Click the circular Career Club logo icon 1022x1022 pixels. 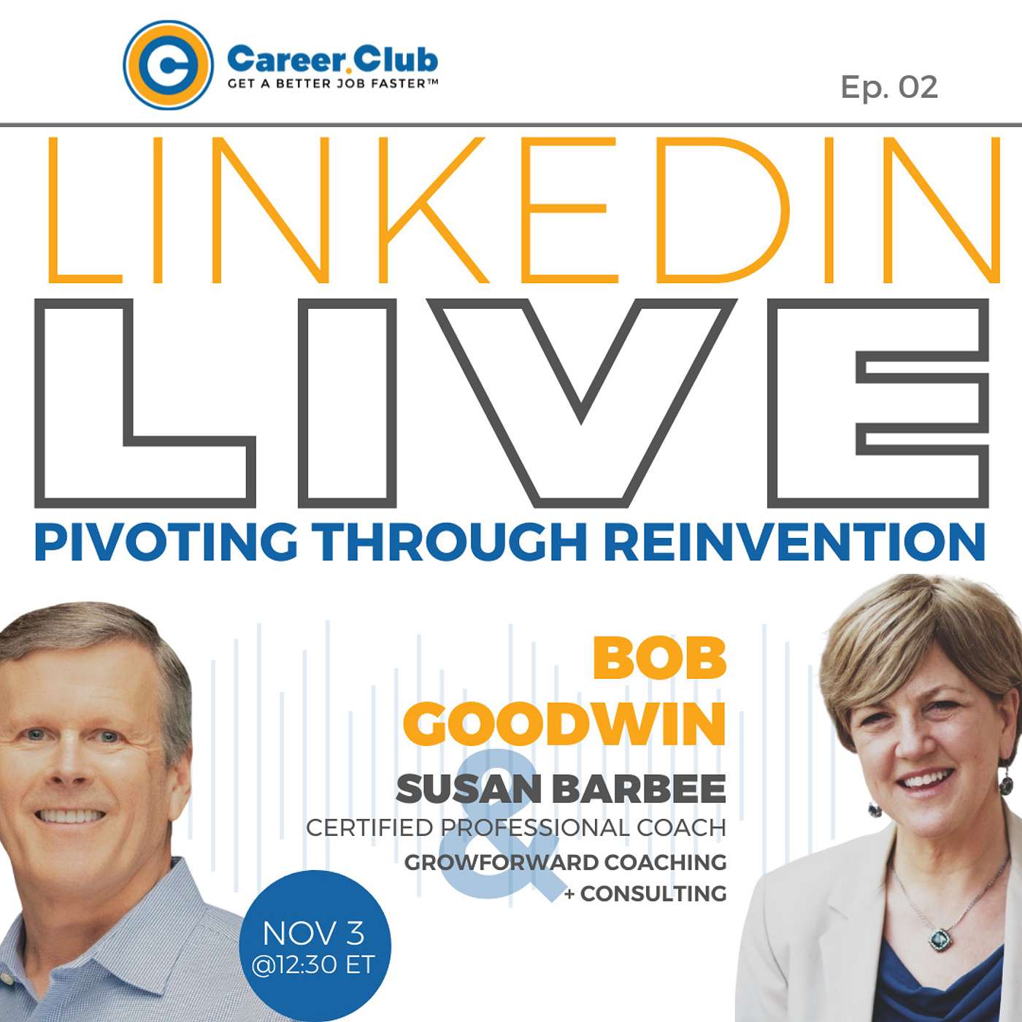168,65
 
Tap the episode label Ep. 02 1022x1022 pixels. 889,87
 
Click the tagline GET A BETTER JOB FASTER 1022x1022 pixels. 333,83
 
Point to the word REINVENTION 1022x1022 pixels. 794,542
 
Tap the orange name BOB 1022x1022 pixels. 658,661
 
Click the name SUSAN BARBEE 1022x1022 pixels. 561,788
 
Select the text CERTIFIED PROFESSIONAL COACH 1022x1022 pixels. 516,828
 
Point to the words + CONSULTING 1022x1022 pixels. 645,894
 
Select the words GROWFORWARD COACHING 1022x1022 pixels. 565,862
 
